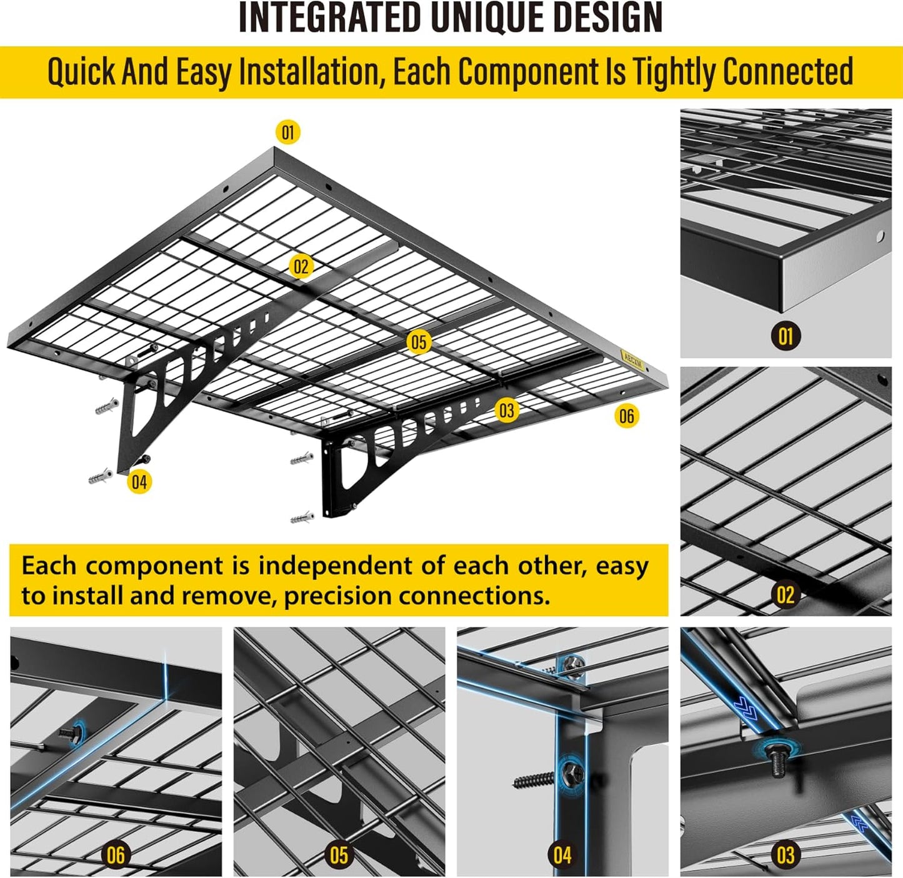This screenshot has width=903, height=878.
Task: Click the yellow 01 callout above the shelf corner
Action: pos(287,132)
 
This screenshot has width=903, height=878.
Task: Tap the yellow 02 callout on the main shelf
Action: pos(301,267)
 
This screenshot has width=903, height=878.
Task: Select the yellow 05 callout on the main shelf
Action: pos(419,342)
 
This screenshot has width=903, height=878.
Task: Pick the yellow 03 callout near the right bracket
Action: pos(507,411)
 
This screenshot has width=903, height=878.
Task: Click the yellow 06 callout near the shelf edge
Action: pos(627,416)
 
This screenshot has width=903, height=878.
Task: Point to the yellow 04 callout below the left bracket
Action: pos(139,482)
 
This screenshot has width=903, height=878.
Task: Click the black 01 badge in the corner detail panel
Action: pos(786,336)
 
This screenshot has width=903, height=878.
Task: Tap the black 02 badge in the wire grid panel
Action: pos(786,594)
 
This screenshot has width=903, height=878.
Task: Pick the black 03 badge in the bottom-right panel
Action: pos(786,854)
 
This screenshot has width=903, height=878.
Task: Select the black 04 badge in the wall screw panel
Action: pos(562,854)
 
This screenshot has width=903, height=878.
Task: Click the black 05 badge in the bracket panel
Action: pos(339,854)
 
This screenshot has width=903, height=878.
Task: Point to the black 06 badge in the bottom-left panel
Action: pos(116,854)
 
